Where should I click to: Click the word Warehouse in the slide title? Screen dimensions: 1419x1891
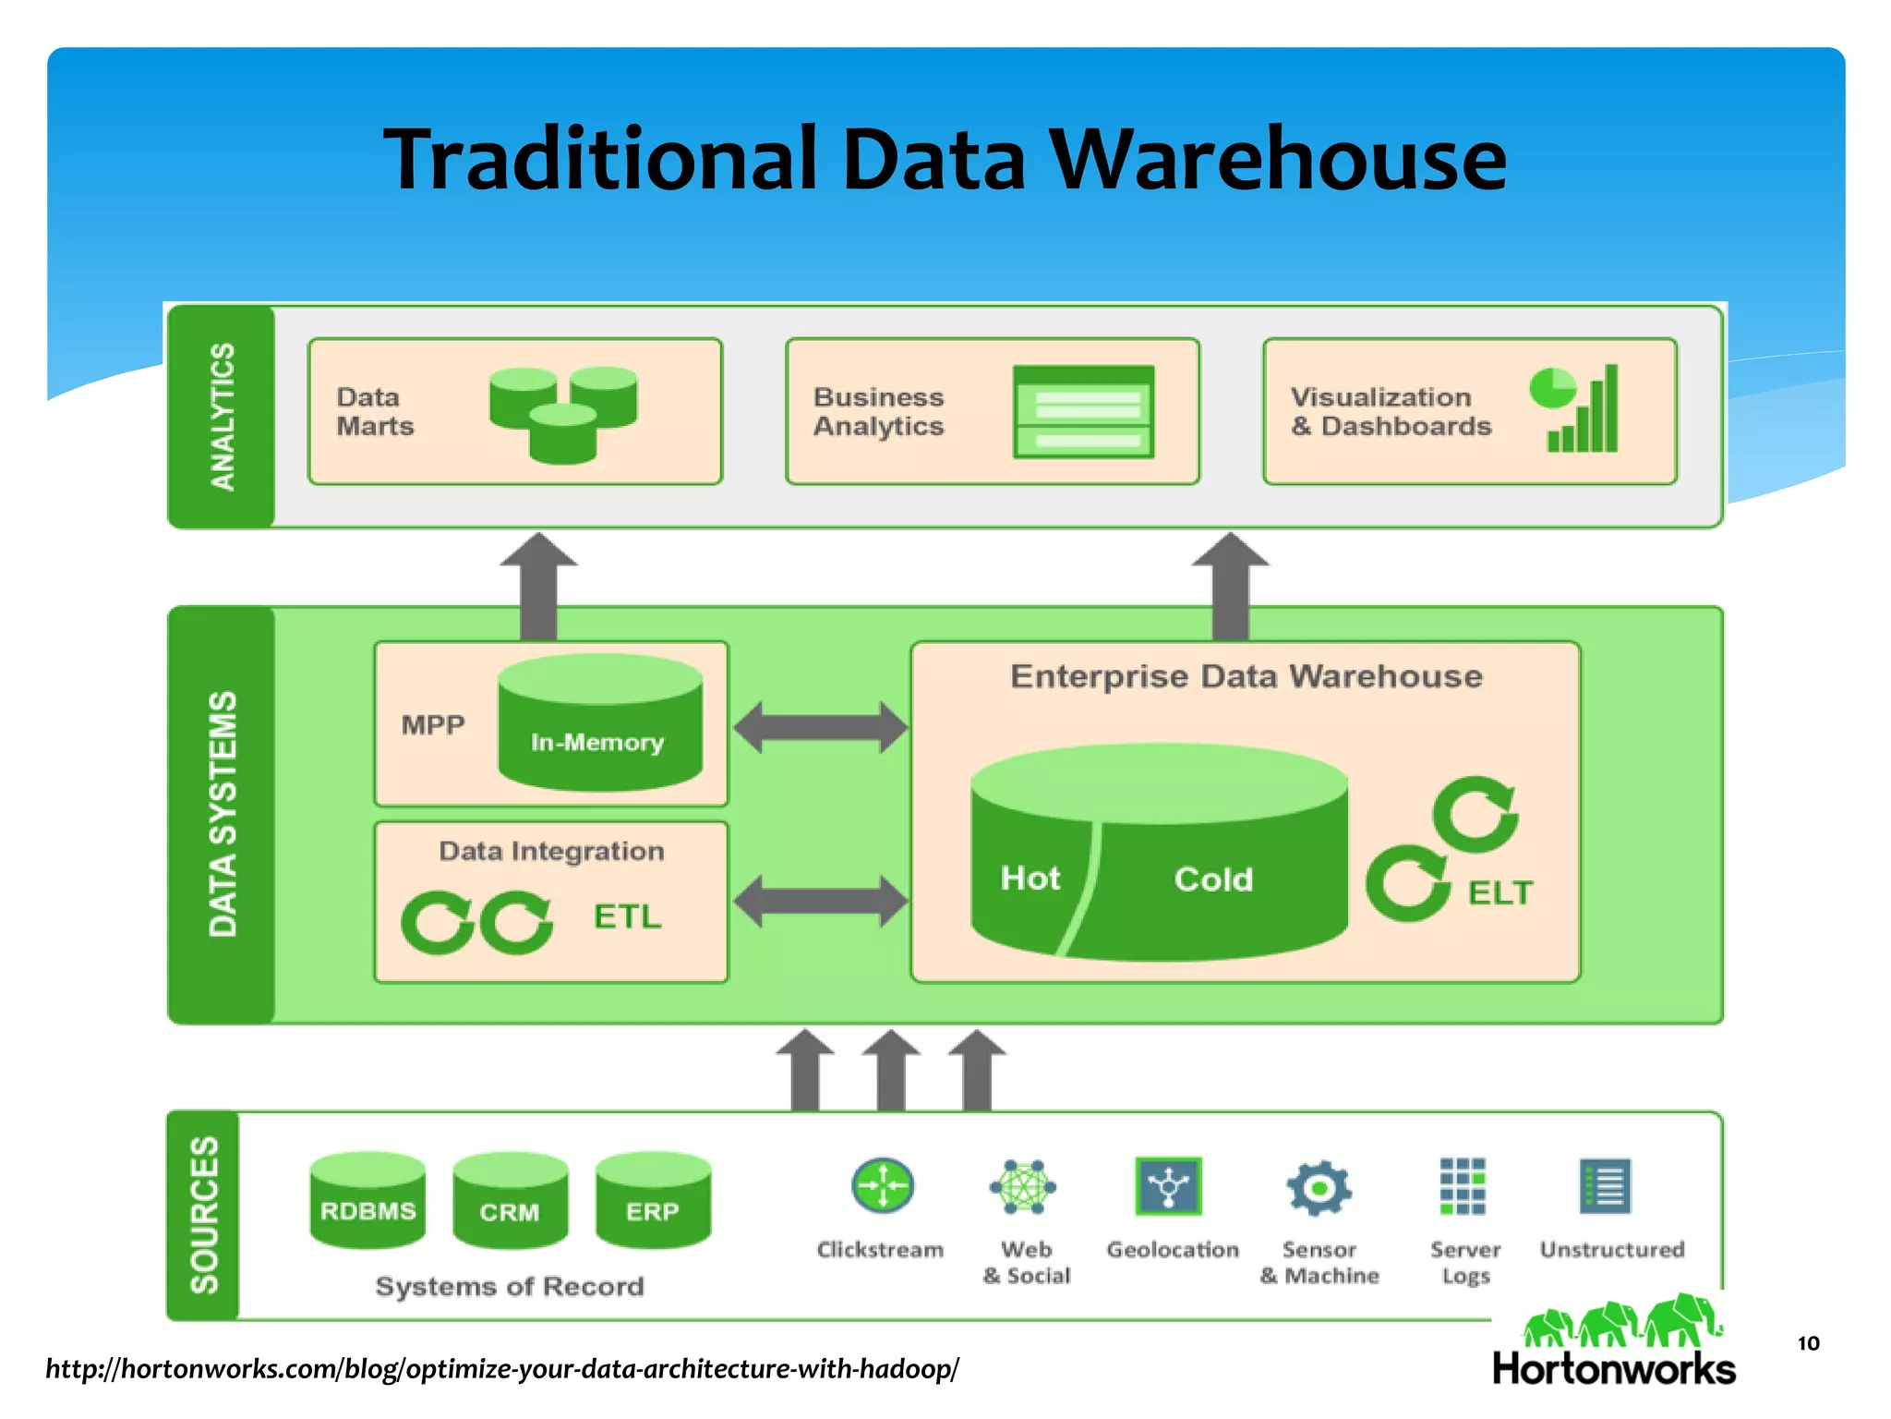[1279, 159]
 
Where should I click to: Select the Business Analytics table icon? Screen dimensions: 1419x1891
[1083, 412]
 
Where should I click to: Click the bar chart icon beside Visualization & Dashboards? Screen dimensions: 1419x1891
[1583, 410]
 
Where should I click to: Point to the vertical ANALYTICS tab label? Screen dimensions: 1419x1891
[223, 417]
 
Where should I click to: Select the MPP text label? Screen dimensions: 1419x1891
[432, 725]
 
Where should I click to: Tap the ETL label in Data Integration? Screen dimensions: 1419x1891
[628, 916]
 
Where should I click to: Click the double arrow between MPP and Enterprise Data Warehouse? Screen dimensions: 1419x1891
[820, 727]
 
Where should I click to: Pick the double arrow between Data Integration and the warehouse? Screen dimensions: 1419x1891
[820, 902]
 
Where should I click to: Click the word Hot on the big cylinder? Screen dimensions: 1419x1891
[1030, 878]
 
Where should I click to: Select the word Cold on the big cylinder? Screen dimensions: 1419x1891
[1212, 879]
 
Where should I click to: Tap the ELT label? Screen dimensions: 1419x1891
[1500, 893]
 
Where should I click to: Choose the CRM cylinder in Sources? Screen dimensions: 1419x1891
[510, 1200]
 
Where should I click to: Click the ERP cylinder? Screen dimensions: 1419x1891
[653, 1200]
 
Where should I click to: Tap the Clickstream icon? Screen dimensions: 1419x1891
[882, 1185]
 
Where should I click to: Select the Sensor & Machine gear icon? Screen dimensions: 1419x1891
[1319, 1187]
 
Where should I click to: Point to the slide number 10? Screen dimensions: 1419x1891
[1808, 1343]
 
